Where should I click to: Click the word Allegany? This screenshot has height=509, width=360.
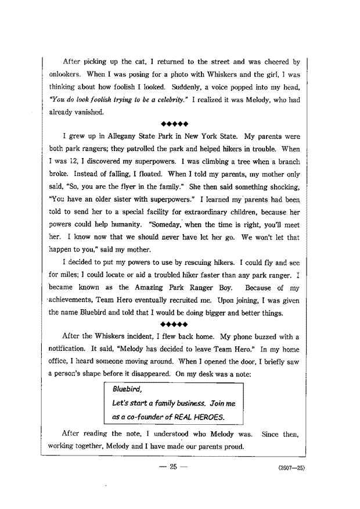[x=121, y=137]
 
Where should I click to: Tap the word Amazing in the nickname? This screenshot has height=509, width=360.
[x=154, y=288]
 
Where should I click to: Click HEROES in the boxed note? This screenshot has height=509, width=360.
[x=206, y=417]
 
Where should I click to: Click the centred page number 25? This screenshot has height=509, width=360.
[x=172, y=470]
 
